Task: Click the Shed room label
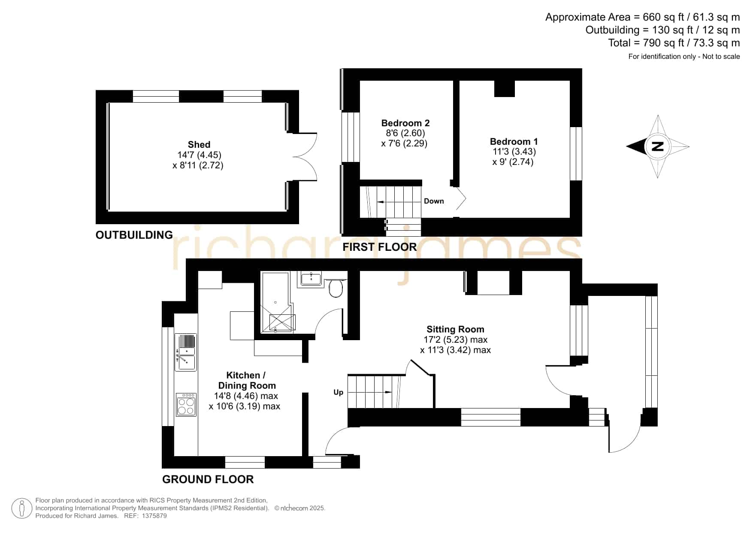[x=199, y=145]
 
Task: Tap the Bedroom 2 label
[x=405, y=123]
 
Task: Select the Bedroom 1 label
[x=514, y=142]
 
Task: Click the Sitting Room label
[x=455, y=329]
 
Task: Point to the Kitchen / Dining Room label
[x=246, y=381]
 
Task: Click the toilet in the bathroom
[x=336, y=287]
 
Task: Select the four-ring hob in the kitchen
[x=186, y=405]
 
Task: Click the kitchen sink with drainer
[x=186, y=352]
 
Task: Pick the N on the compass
[x=657, y=146]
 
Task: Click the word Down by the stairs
[x=434, y=201]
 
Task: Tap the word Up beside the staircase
[x=339, y=393]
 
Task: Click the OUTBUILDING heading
[x=134, y=235]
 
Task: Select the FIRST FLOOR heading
[x=380, y=247]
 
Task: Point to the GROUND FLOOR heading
[x=208, y=479]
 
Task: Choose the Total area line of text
[x=674, y=43]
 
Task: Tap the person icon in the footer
[x=21, y=509]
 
